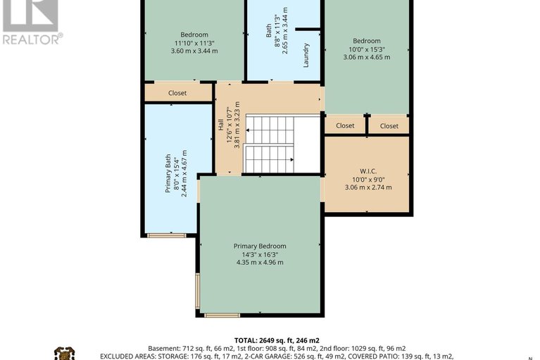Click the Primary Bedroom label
[x=260, y=246]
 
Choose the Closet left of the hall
[x=177, y=93]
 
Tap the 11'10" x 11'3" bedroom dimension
[x=194, y=43]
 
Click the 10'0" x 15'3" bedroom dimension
[x=367, y=49]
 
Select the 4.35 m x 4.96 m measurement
[x=260, y=263]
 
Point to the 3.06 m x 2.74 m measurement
[x=368, y=187]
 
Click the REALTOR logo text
[x=32, y=39]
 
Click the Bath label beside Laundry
[x=268, y=30]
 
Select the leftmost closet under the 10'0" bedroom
[x=345, y=126]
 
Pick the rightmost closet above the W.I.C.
[x=389, y=126]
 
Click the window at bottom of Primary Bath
[x=167, y=235]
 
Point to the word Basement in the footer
[x=163, y=348]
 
